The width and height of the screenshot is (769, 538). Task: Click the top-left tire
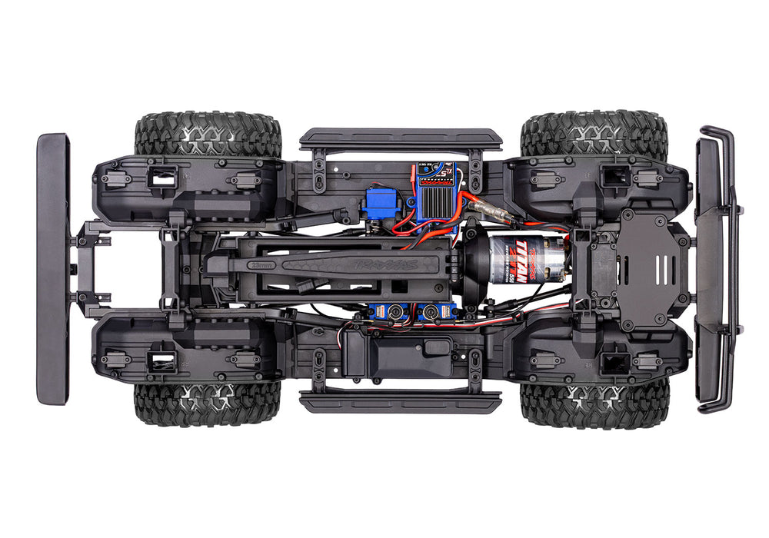[x=208, y=134]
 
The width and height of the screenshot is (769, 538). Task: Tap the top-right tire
[x=593, y=134]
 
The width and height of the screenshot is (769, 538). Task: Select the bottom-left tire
[x=208, y=403]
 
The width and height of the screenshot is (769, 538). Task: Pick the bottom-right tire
[x=594, y=403]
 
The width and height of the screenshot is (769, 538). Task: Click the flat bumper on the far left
[x=52, y=269]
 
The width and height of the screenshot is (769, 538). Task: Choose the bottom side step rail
[x=401, y=400]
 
